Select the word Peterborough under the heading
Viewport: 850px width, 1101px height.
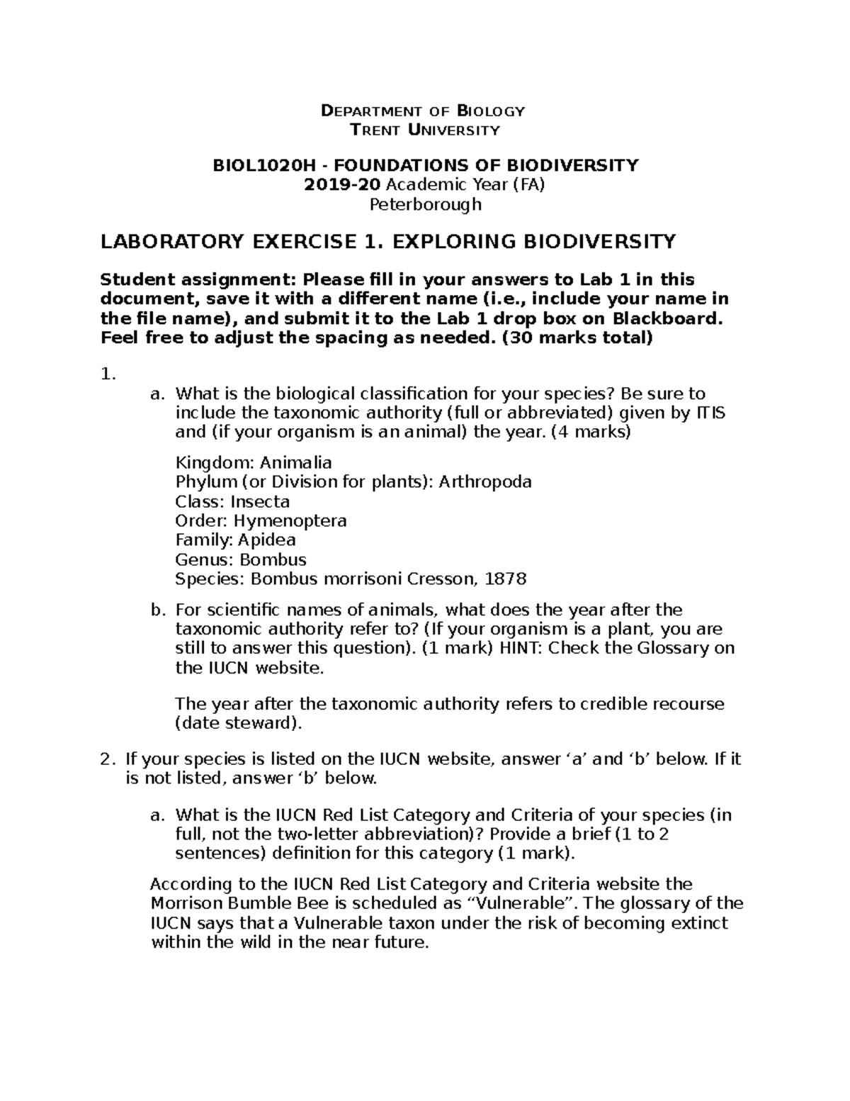point(426,205)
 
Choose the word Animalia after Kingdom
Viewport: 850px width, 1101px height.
point(295,463)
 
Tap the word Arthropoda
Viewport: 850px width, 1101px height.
point(485,482)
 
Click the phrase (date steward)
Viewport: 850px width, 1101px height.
point(239,724)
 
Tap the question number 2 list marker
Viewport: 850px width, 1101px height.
point(107,759)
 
